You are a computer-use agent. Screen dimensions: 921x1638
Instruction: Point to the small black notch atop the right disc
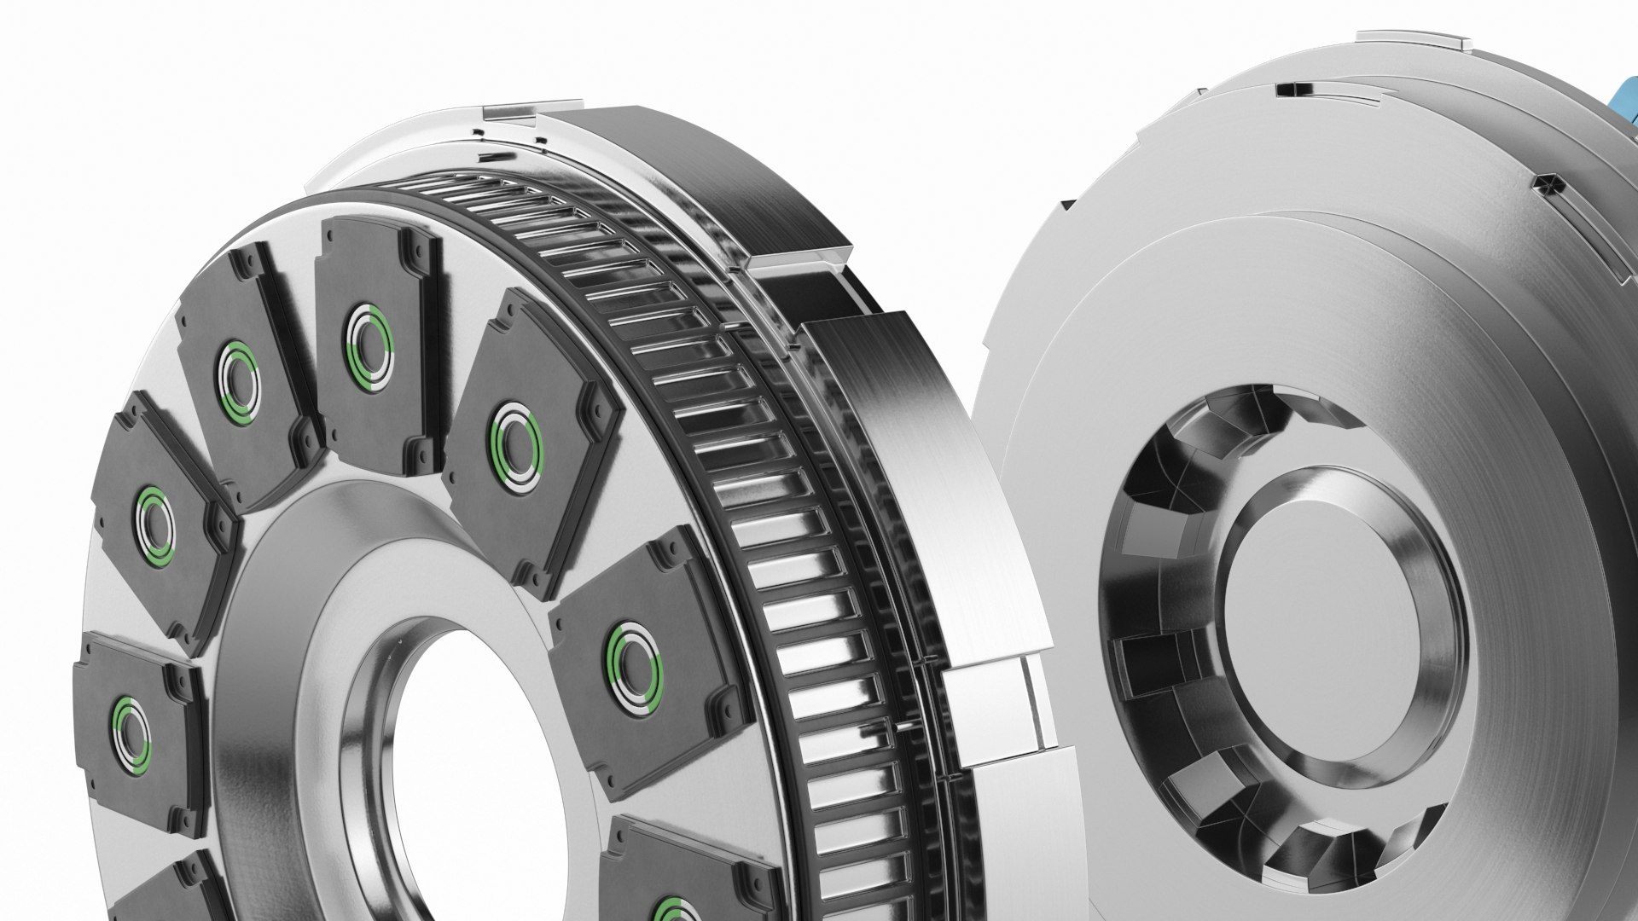(x=1287, y=89)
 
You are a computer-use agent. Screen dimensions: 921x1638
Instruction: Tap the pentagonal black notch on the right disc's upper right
(x=1545, y=183)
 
